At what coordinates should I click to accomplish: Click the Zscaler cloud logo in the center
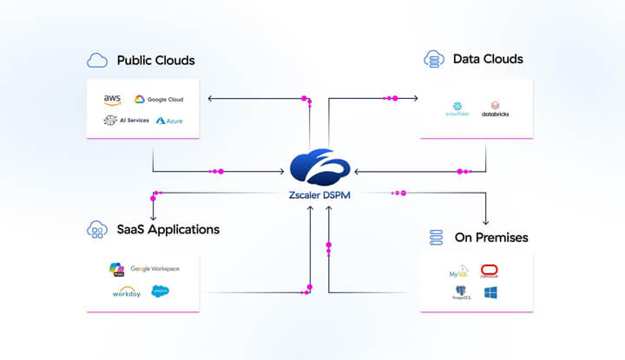pyautogui.click(x=319, y=167)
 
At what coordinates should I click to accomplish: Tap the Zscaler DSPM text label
pyautogui.click(x=319, y=194)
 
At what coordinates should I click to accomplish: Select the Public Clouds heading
pyautogui.click(x=155, y=61)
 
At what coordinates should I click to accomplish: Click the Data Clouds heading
pyautogui.click(x=488, y=59)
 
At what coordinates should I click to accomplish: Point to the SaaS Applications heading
pyautogui.click(x=168, y=230)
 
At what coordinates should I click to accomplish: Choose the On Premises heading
pyautogui.click(x=490, y=237)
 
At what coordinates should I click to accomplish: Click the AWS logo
pyautogui.click(x=113, y=100)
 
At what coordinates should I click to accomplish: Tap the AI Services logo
pyautogui.click(x=127, y=120)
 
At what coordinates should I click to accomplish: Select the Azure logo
pyautogui.click(x=169, y=121)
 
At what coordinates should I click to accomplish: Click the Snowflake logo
pyautogui.click(x=457, y=108)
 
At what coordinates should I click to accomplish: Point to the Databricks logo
pyautogui.click(x=496, y=108)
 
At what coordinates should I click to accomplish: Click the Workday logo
pyautogui.click(x=127, y=291)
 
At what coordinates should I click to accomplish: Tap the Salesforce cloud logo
pyautogui.click(x=161, y=291)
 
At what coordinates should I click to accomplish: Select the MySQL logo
pyautogui.click(x=459, y=272)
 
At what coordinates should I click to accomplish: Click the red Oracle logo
pyautogui.click(x=490, y=271)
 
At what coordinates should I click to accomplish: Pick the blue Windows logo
pyautogui.click(x=490, y=293)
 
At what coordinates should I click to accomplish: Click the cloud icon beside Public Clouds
pyautogui.click(x=97, y=61)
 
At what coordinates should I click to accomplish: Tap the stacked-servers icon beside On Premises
pyautogui.click(x=437, y=237)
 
